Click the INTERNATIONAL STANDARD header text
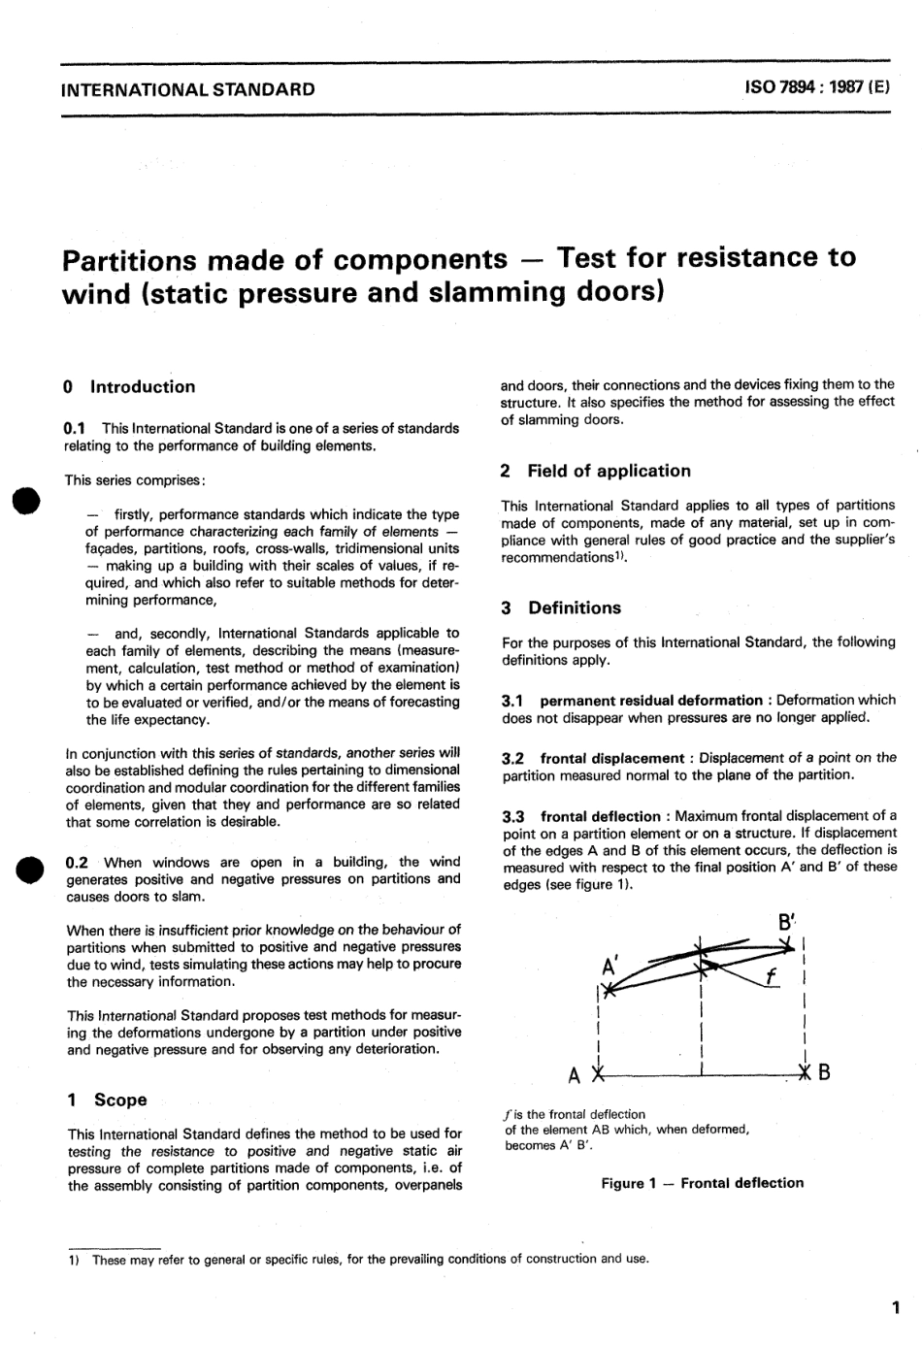(x=187, y=89)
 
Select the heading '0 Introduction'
(x=128, y=386)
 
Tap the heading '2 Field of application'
(x=595, y=471)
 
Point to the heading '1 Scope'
(x=107, y=1100)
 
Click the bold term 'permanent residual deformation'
(x=650, y=700)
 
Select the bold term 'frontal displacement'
(x=612, y=757)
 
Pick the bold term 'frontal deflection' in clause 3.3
(x=600, y=816)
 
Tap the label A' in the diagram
(x=610, y=967)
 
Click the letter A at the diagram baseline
(x=575, y=1075)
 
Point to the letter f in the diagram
(x=770, y=977)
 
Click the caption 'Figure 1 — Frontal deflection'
(x=702, y=1183)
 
